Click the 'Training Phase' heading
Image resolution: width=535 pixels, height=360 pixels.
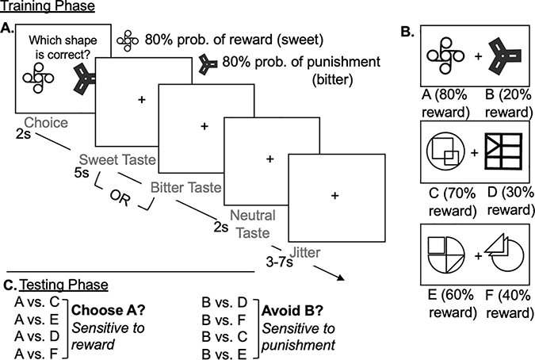pos(48,6)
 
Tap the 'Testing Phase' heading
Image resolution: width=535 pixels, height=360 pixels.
pos(64,285)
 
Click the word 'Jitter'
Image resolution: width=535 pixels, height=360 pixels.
pos(304,253)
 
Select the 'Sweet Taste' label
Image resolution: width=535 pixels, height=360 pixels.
pos(117,159)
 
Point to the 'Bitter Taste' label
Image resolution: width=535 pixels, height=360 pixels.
pos(186,187)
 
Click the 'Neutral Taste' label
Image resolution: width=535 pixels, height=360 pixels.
pos(253,224)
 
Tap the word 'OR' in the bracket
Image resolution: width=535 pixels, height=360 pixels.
pos(120,197)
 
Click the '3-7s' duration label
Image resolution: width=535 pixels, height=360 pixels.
pos(280,262)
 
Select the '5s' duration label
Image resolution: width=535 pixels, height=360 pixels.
pos(82,173)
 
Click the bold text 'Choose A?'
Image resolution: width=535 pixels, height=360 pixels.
pos(109,311)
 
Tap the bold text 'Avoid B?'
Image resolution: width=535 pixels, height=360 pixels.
pos(292,311)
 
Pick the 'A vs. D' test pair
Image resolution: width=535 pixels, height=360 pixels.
pos(37,336)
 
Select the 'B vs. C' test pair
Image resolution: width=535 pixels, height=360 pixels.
pos(224,337)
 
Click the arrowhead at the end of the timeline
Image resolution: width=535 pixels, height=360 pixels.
pos(340,278)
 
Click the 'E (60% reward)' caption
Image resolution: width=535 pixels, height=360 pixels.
pos(452,304)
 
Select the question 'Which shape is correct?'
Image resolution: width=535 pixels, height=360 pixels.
pos(63,47)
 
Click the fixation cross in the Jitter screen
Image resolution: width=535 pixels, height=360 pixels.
pos(334,196)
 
